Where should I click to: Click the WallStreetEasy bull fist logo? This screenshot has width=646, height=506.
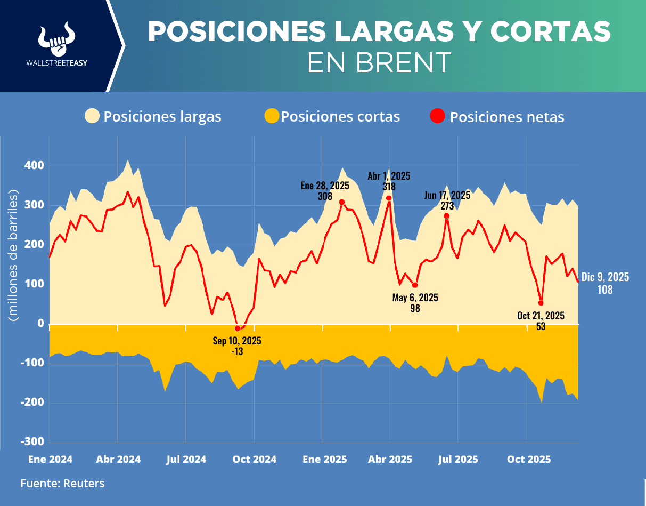[56, 39]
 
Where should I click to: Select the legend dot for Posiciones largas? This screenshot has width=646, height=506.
[93, 116]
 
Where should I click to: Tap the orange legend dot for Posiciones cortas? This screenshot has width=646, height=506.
[272, 116]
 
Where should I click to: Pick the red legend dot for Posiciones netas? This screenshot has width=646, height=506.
[438, 116]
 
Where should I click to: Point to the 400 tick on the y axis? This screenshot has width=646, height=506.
[34, 166]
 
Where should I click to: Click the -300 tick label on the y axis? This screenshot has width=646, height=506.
[32, 442]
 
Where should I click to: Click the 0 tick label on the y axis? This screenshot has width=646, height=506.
[40, 324]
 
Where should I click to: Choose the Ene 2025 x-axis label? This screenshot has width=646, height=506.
[324, 459]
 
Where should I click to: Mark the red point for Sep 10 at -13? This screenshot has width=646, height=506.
[238, 328]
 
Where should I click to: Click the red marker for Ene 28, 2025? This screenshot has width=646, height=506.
[342, 202]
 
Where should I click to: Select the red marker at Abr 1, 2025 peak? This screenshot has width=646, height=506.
[389, 198]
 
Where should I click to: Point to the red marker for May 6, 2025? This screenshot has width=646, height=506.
[415, 285]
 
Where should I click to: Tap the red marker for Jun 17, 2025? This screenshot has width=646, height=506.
[447, 216]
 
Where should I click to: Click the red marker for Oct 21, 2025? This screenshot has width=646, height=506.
[541, 303]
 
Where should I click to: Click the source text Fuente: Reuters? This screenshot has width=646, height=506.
[62, 484]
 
